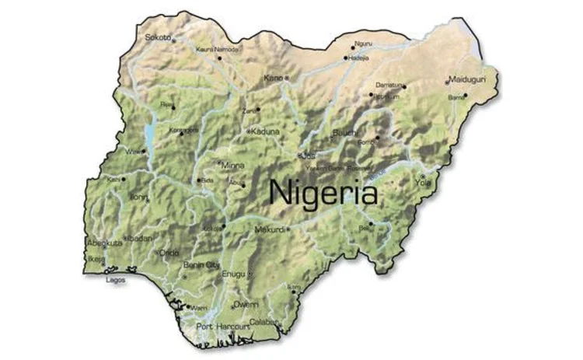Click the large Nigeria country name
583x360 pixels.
click(323, 191)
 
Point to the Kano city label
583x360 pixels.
click(273, 78)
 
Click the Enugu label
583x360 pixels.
click(233, 274)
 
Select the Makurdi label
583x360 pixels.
click(271, 230)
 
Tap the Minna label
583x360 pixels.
click(232, 166)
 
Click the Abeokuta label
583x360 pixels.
click(104, 243)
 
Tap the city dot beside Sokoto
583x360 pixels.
click(173, 40)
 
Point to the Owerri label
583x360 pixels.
click(246, 304)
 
